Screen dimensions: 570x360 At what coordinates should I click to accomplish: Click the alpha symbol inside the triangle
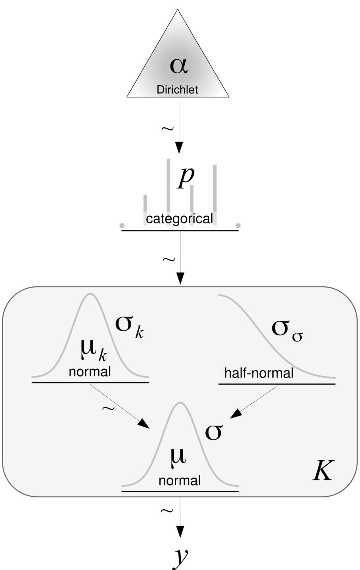[178, 65]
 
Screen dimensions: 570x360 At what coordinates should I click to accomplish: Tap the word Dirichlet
[177, 90]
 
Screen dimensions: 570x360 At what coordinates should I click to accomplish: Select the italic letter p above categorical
[186, 177]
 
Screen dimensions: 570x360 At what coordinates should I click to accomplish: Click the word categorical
[179, 219]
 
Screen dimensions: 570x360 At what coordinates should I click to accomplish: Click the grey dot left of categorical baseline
[122, 226]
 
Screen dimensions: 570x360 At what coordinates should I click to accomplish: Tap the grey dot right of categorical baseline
[238, 226]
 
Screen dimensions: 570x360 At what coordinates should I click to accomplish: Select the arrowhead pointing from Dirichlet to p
[180, 148]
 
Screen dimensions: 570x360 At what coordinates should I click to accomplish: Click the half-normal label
[259, 373]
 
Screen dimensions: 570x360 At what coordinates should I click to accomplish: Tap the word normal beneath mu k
[90, 372]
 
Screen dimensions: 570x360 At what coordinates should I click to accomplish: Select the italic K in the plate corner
[323, 471]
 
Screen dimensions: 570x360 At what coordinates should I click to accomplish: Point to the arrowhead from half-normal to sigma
[236, 414]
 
